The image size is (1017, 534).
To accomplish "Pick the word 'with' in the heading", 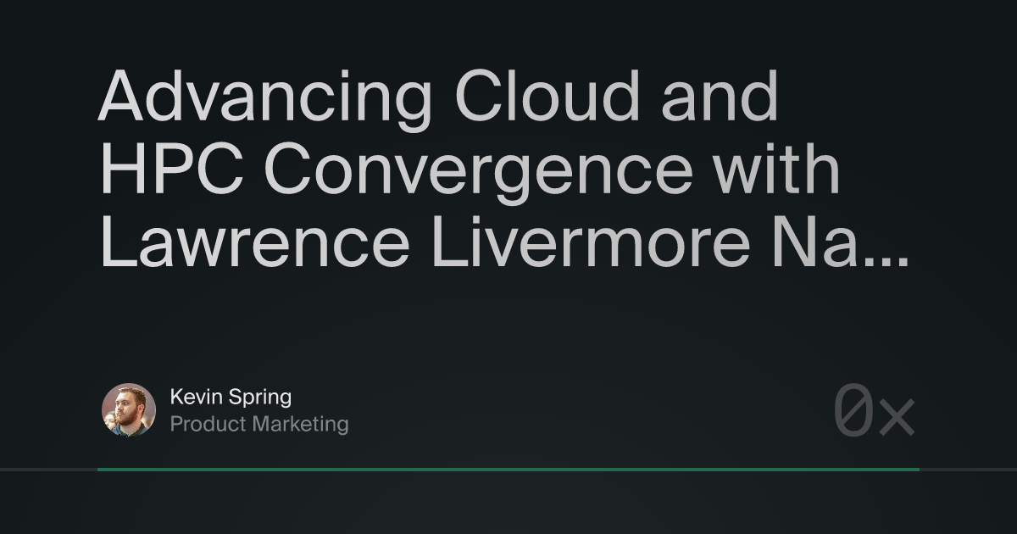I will click(x=787, y=170).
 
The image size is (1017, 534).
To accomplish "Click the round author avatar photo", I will click(x=129, y=410).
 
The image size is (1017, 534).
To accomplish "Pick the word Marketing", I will click(x=301, y=425).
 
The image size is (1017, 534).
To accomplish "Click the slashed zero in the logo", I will click(x=853, y=411).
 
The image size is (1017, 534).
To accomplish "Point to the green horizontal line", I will click(x=508, y=469).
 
